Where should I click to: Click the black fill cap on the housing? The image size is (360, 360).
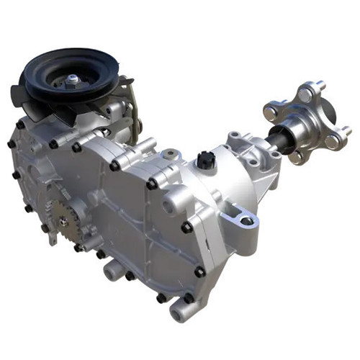click(206, 158)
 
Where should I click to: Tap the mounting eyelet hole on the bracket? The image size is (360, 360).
click(246, 220)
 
